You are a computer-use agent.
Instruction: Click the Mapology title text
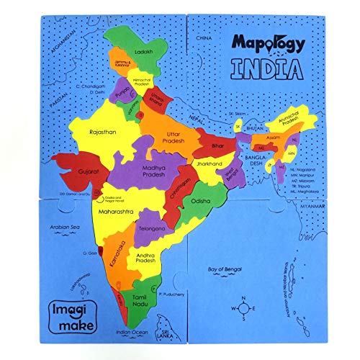click(269, 42)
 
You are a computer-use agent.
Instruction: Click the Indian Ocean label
click(130, 333)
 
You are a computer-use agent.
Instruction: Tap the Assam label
click(272, 137)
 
